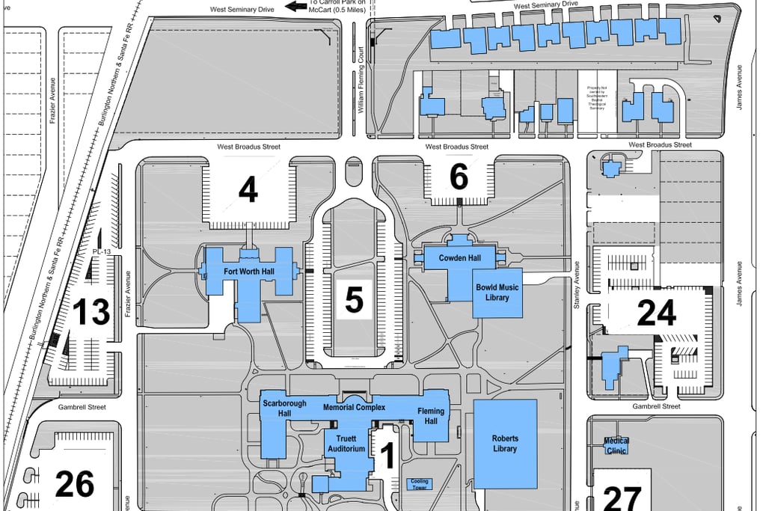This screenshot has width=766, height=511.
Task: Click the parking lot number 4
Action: pos(248,190)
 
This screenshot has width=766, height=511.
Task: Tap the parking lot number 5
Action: pos(354,299)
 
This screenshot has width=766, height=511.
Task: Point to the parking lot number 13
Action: pos(91,312)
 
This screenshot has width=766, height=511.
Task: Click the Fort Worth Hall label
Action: pos(248,271)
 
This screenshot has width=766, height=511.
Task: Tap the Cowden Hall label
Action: pos(460,257)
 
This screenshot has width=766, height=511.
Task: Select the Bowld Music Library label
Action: pos(497,293)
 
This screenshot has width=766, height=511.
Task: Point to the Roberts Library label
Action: pos(505,444)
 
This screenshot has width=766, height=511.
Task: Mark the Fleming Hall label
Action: pos(430,416)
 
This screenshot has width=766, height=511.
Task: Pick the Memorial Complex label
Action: pos(354,408)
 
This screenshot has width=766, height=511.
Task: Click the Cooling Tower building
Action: pos(418,483)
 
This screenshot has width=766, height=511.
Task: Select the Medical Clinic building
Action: pos(616,446)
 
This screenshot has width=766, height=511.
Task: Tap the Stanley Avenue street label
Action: pos(577,284)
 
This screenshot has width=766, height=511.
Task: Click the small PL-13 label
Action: pos(101,252)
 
